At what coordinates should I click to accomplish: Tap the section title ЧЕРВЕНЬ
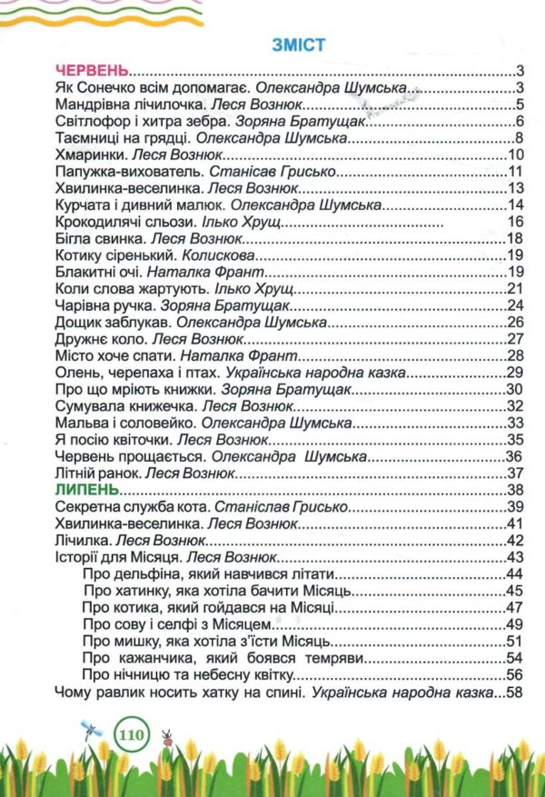[x=92, y=71]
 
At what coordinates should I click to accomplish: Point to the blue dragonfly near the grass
[x=91, y=727]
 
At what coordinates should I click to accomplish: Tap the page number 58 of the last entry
[x=517, y=694]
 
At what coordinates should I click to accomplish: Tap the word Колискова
[x=203, y=255]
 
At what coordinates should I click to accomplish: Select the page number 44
[x=517, y=574]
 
